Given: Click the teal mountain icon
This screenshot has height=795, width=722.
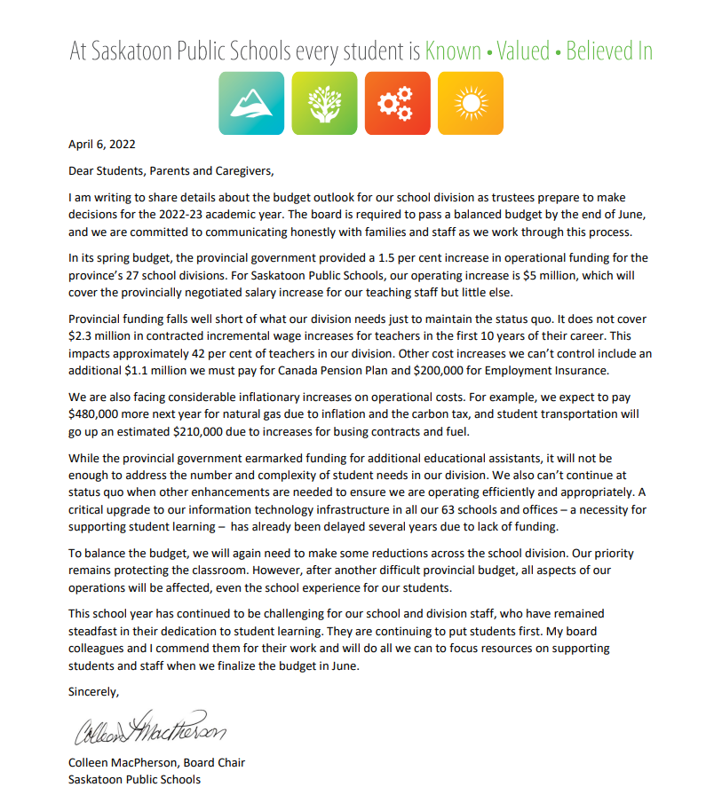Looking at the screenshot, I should coord(251,103).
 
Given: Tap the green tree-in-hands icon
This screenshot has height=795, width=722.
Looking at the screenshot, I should coord(324,103).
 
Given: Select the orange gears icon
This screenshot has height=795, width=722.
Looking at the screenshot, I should coord(397,103).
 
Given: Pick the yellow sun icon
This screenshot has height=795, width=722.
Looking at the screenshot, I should coord(470,103).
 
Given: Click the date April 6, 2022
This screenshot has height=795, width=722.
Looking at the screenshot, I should coord(102,144).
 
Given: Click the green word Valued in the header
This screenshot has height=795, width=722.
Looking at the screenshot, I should coord(523,51).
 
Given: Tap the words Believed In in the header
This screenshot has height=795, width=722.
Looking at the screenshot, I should coord(609,51).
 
